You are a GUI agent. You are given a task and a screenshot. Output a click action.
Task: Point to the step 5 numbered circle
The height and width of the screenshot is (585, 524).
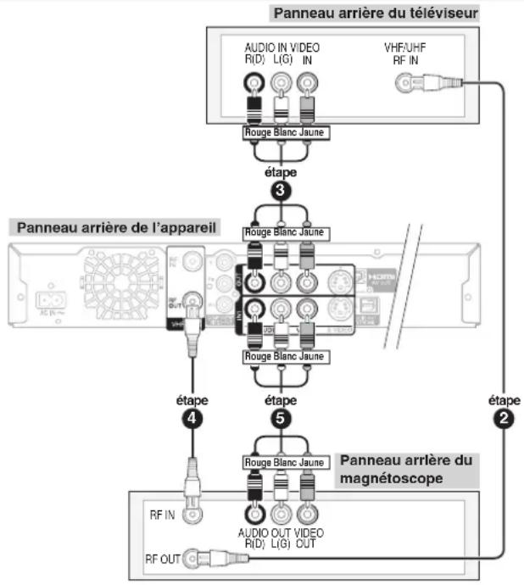281,417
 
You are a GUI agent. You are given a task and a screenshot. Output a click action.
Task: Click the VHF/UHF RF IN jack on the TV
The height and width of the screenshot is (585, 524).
404,82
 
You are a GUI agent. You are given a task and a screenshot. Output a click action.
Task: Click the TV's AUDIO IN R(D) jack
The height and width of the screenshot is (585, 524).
253,82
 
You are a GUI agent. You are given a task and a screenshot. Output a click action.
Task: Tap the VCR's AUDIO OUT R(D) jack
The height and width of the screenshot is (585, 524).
253,512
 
